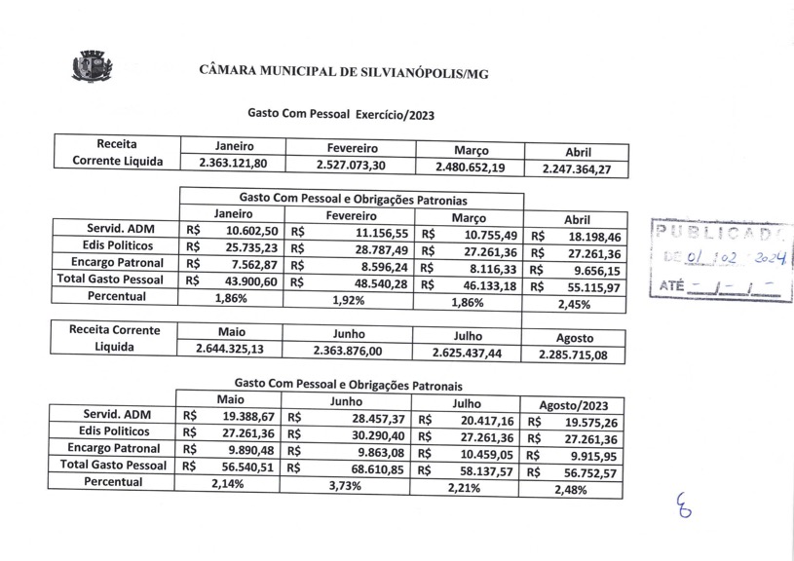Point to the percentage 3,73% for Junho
pos(346,485)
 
